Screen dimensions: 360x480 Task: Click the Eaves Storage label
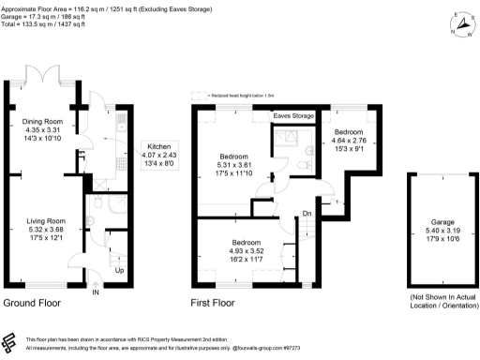(293, 116)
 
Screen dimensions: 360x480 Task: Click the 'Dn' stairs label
(307, 214)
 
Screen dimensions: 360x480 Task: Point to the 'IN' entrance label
(96, 292)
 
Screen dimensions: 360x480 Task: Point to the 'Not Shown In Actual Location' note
(439, 301)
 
